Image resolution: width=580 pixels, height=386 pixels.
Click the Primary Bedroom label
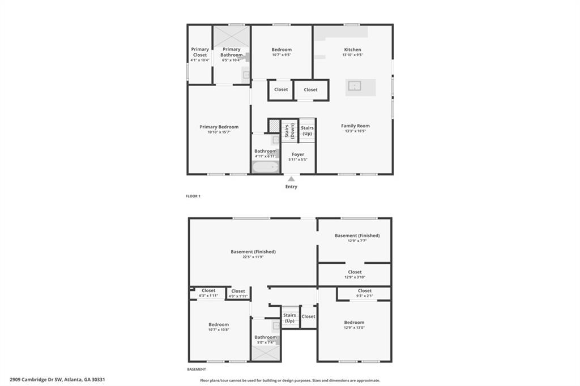click(x=219, y=127)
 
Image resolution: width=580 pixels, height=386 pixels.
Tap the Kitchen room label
click(x=352, y=50)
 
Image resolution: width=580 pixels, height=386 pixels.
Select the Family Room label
click(x=355, y=126)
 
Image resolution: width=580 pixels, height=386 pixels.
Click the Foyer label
click(x=298, y=155)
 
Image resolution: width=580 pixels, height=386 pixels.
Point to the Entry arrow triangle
click(x=291, y=179)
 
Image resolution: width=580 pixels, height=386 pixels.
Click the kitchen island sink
click(x=355, y=86)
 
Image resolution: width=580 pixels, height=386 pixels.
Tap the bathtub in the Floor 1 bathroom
click(x=266, y=166)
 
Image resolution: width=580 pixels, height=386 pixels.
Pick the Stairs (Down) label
click(x=289, y=131)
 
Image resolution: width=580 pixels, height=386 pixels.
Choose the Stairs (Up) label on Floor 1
click(x=307, y=131)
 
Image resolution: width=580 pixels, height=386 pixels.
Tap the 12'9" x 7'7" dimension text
click(x=357, y=241)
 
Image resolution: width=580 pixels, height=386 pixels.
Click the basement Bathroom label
click(x=265, y=337)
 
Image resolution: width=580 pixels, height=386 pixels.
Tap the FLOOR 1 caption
click(x=193, y=196)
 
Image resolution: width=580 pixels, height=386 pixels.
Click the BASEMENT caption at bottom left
click(x=197, y=369)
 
